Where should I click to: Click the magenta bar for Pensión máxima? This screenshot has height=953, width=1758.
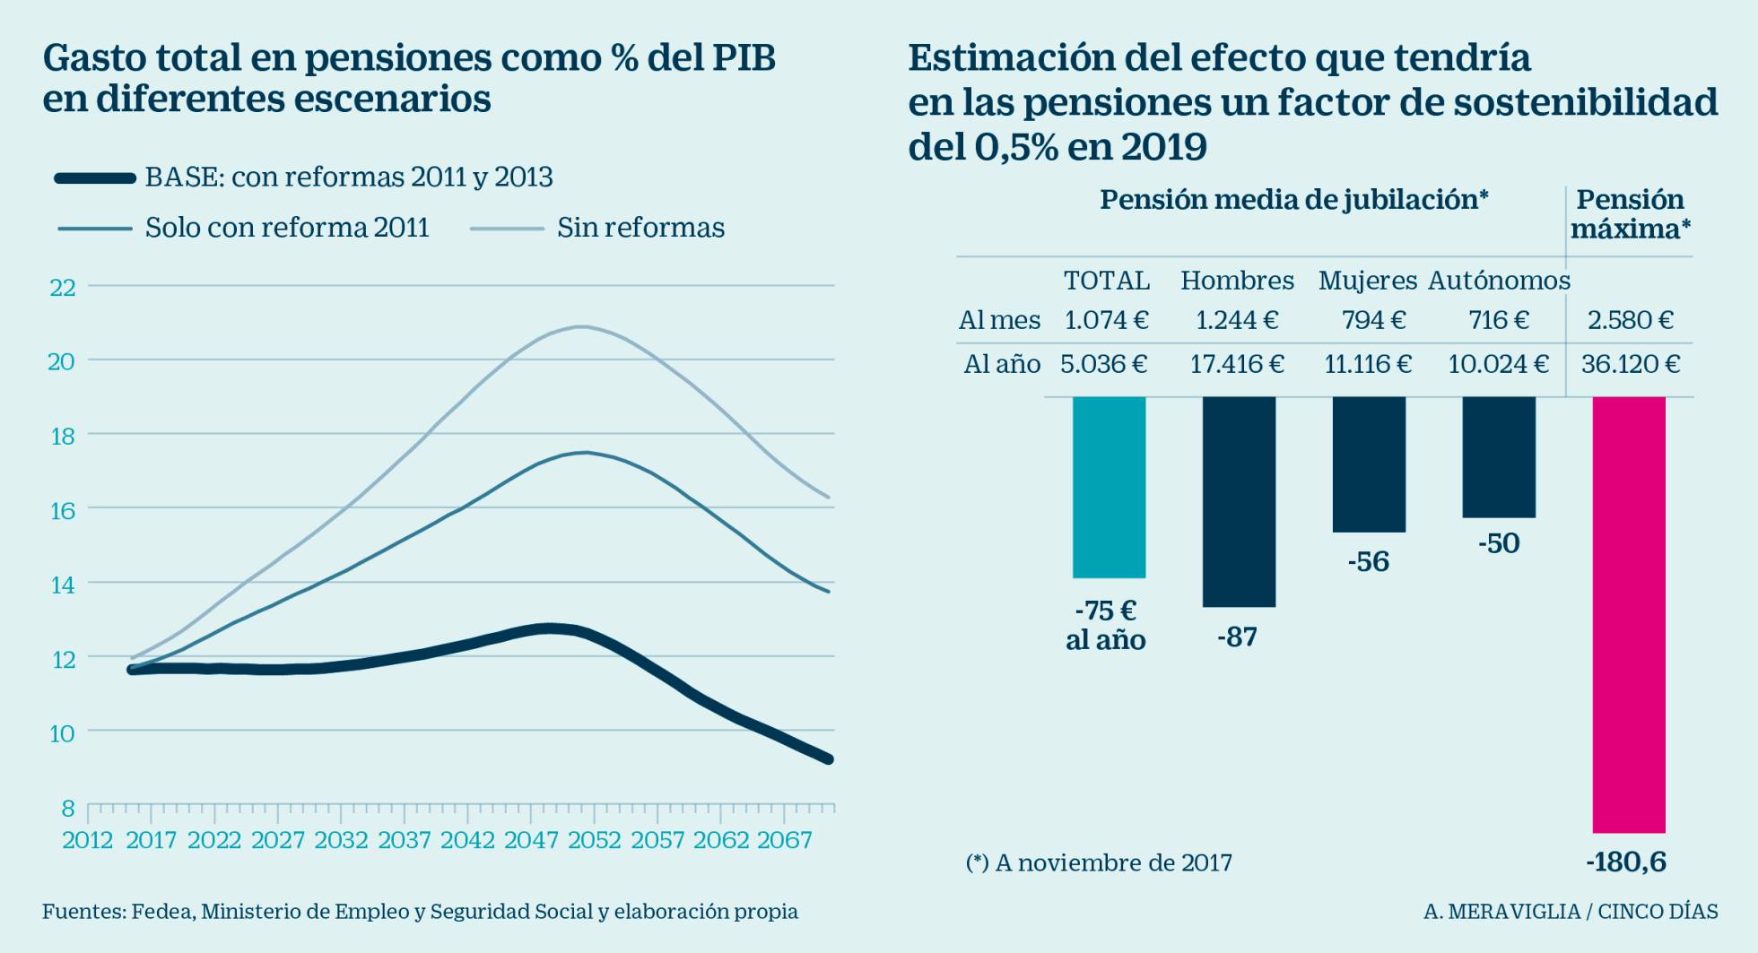pyautogui.click(x=1628, y=614)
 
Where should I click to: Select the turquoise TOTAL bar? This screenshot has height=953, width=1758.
pyautogui.click(x=1109, y=487)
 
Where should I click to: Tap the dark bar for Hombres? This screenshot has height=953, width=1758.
pyautogui.click(x=1239, y=501)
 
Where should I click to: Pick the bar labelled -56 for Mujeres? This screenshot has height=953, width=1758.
pyautogui.click(x=1369, y=464)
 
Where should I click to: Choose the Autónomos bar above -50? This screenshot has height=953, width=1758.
pyautogui.click(x=1498, y=456)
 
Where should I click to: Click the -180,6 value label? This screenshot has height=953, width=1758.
pyautogui.click(x=1625, y=862)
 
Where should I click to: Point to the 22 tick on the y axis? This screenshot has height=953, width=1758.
pyautogui.click(x=63, y=287)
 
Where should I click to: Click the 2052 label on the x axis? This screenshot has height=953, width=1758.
pyautogui.click(x=594, y=840)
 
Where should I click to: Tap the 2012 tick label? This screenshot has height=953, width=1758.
pyautogui.click(x=87, y=840)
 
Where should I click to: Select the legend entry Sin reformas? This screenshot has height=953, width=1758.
pyautogui.click(x=640, y=228)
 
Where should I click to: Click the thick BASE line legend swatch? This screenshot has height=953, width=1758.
pyautogui.click(x=95, y=178)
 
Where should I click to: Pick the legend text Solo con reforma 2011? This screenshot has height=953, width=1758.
pyautogui.click(x=287, y=228)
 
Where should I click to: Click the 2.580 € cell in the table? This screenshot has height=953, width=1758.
pyautogui.click(x=1630, y=320)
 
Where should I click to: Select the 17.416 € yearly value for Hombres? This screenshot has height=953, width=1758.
pyautogui.click(x=1237, y=364)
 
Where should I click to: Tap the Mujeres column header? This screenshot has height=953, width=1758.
pyautogui.click(x=1367, y=281)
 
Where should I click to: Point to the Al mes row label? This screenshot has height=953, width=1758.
pyautogui.click(x=999, y=320)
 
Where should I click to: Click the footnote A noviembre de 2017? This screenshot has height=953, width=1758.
pyautogui.click(x=1099, y=862)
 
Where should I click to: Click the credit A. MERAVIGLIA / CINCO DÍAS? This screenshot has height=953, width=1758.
pyautogui.click(x=1570, y=912)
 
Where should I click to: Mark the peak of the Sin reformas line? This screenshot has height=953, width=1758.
pyautogui.click(x=583, y=326)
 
